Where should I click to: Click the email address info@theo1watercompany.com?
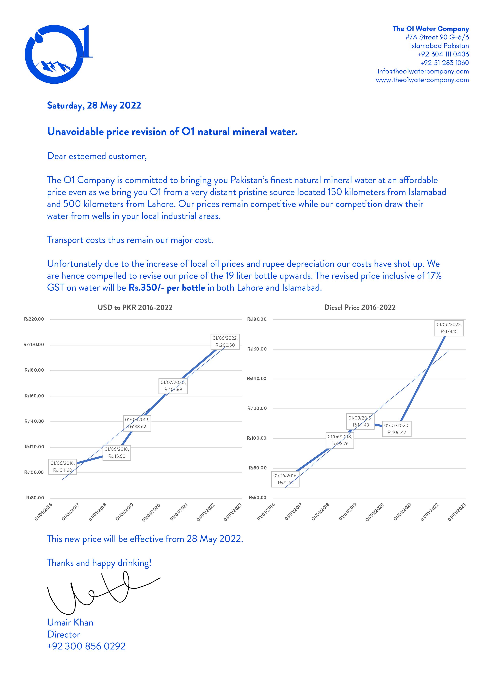(x=423, y=71)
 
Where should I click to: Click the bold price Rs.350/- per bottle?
(x=167, y=288)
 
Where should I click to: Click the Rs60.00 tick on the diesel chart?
(x=257, y=497)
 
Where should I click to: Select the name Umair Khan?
(x=70, y=622)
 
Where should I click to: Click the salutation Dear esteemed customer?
(x=97, y=156)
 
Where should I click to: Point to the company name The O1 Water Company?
(x=430, y=29)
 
